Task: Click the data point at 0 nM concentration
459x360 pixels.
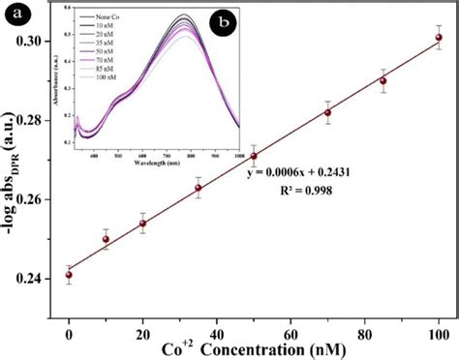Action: [69, 275]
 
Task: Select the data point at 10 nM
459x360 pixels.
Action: [106, 239]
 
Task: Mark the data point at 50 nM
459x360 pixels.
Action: [254, 156]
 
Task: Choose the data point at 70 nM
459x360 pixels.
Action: [328, 112]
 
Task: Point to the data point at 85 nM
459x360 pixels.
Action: [383, 80]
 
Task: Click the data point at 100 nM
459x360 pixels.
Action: [439, 38]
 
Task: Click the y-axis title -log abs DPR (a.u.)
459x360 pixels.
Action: [13, 160]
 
